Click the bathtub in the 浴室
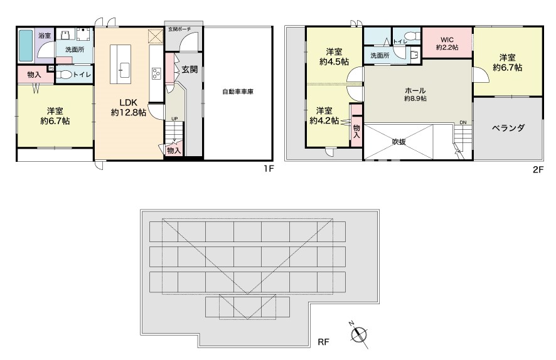26,46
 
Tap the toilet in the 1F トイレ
64,75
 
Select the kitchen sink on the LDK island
124,70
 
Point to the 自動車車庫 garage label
238,92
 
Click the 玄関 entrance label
190,70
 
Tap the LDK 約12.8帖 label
129,108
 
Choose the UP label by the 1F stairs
174,119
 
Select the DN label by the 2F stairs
463,122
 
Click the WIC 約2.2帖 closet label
447,43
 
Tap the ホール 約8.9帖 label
415,94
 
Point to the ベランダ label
508,128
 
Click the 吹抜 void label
399,142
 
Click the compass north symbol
359,334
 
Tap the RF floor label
323,342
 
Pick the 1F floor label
269,169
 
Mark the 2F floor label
538,170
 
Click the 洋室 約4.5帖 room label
334,56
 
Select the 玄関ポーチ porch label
179,28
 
